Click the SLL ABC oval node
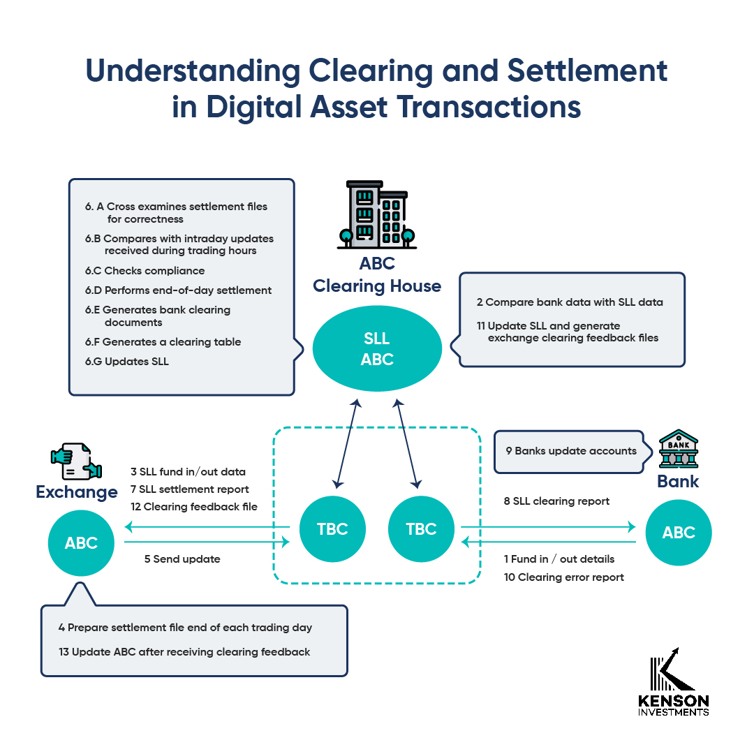click(x=377, y=349)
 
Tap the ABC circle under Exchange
click(x=81, y=543)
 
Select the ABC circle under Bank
click(x=679, y=533)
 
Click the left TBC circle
click(x=332, y=528)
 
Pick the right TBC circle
click(x=421, y=528)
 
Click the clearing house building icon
click(x=377, y=215)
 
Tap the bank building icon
click(x=679, y=450)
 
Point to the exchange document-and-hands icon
click(x=76, y=461)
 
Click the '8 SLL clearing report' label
click(x=556, y=501)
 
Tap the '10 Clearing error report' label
click(x=563, y=577)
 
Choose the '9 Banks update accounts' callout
click(x=571, y=451)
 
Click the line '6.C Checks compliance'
click(x=145, y=271)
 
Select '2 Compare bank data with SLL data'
click(x=570, y=302)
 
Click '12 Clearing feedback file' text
click(x=193, y=507)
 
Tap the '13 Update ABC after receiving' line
click(x=184, y=652)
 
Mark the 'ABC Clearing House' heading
click(x=377, y=275)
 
